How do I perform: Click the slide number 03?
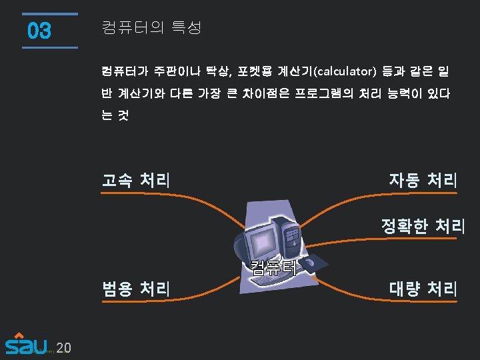(x=39, y=31)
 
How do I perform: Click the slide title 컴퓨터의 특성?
(x=151, y=28)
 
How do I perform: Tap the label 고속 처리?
(x=135, y=180)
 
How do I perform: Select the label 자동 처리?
(x=423, y=180)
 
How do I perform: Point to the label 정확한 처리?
(x=422, y=226)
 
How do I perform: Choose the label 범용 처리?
(x=135, y=289)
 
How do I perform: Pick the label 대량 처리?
(x=423, y=289)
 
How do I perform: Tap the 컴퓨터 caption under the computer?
(x=273, y=267)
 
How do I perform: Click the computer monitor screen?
(x=261, y=241)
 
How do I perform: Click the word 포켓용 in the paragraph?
(x=257, y=71)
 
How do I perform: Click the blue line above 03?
(x=49, y=14)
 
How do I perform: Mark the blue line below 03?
(x=49, y=47)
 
